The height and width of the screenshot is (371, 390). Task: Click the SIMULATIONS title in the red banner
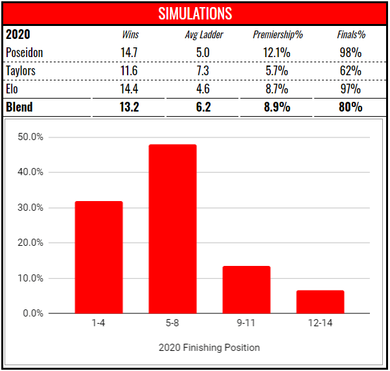pyautogui.click(x=195, y=13)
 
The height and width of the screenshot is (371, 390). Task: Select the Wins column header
pyautogui.click(x=130, y=34)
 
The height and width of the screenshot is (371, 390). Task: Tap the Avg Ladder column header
pyautogui.click(x=203, y=34)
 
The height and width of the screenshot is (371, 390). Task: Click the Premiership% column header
pyautogui.click(x=278, y=34)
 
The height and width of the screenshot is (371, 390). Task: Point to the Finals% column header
pyautogui.click(x=350, y=34)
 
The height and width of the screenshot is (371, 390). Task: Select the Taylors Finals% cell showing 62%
pyautogui.click(x=350, y=70)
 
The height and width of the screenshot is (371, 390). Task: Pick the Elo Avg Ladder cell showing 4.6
pyautogui.click(x=203, y=88)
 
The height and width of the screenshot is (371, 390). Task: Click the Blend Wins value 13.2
pyautogui.click(x=130, y=106)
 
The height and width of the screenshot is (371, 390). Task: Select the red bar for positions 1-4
pyautogui.click(x=98, y=257)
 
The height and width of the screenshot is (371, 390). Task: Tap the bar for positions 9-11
pyautogui.click(x=246, y=290)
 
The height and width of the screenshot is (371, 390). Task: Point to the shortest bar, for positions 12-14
pyautogui.click(x=320, y=302)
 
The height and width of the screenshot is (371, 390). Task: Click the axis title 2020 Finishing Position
pyautogui.click(x=209, y=348)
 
